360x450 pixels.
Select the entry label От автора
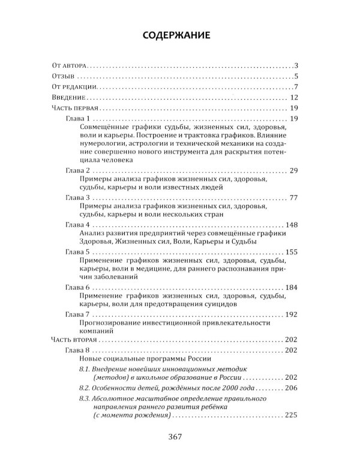point(70,65)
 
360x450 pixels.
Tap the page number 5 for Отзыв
point(296,76)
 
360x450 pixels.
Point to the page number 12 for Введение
point(293,98)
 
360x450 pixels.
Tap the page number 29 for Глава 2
point(293,171)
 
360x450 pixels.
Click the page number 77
point(293,197)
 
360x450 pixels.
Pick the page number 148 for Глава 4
point(292,224)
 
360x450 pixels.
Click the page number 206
point(292,388)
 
